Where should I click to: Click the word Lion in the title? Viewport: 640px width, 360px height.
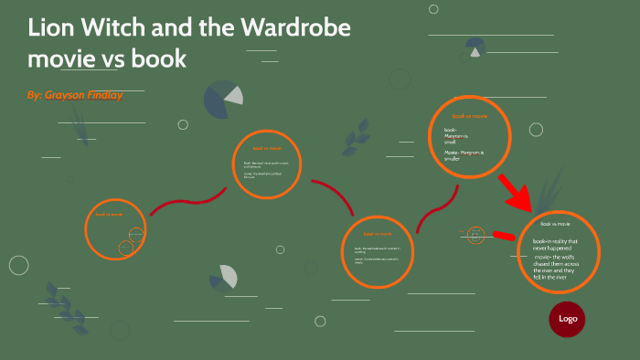point(53,26)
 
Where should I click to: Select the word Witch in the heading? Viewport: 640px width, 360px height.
point(123,26)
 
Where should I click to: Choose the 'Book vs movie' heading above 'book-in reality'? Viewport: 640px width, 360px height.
point(555,224)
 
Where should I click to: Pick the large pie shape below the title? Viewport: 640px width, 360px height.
point(223,100)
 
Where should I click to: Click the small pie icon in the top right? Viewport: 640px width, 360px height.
point(475,47)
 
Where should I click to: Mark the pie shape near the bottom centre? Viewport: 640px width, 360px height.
point(223,278)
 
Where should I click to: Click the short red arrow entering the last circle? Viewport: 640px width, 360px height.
point(506,235)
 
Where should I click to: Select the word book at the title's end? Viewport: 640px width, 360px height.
point(159,59)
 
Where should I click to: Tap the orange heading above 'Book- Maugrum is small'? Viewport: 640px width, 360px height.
point(470,116)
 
